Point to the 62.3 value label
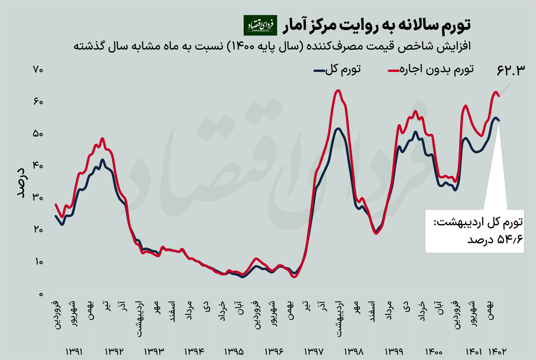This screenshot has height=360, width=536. click(510, 70)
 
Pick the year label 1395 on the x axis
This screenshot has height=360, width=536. click(234, 351)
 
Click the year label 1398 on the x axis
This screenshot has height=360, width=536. click(354, 351)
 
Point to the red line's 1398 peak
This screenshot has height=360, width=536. click(338, 90)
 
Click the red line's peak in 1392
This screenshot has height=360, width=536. click(102, 139)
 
